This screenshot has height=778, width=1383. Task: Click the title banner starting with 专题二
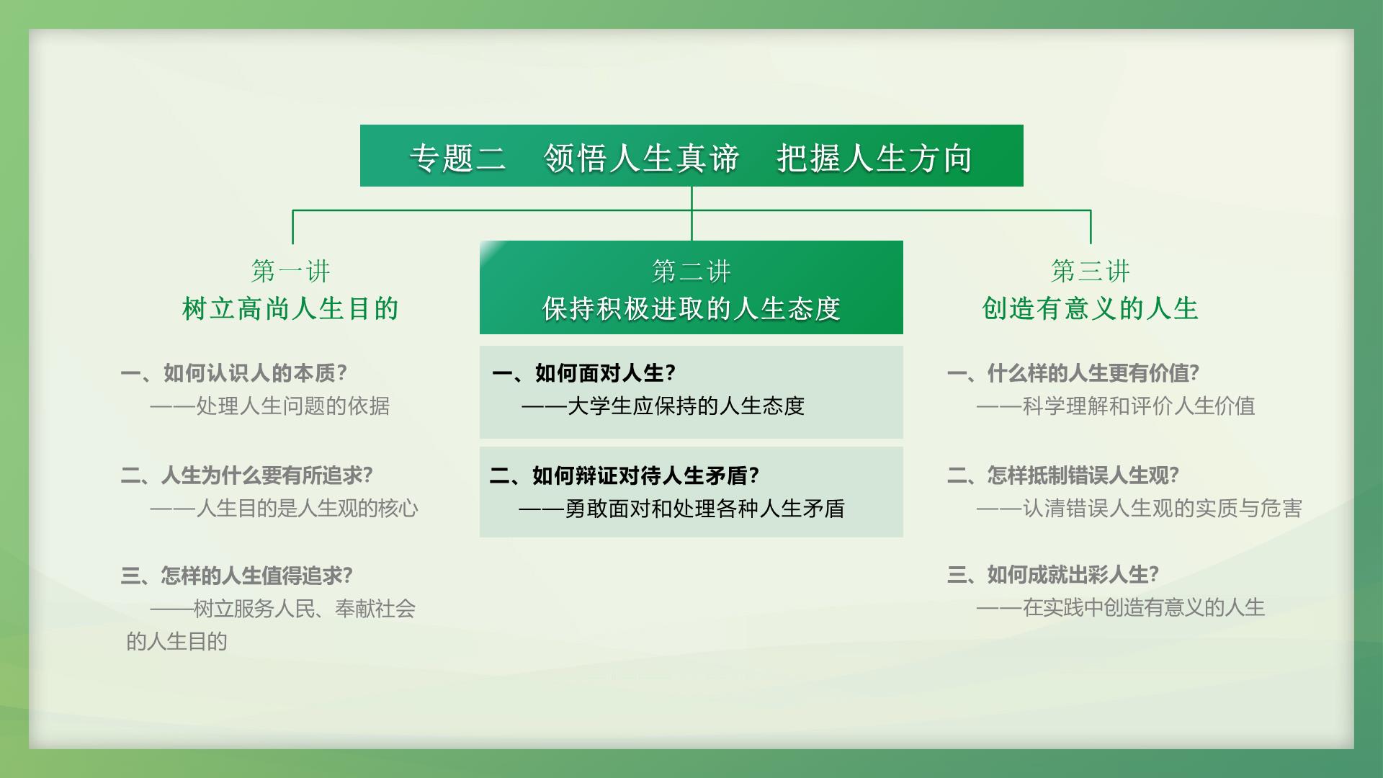tap(691, 156)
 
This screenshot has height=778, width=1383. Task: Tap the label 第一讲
tap(291, 272)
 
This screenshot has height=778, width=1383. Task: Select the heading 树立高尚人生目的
tap(291, 308)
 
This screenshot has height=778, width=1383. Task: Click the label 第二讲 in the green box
tap(691, 272)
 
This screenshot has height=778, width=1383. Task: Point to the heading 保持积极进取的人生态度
tap(691, 308)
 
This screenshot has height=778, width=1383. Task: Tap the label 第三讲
tap(1091, 272)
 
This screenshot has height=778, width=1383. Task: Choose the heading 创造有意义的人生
tap(1091, 308)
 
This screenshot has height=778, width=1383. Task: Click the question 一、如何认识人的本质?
tap(234, 373)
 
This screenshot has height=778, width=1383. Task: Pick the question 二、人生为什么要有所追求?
tap(246, 475)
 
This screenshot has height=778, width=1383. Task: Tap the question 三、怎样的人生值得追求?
tap(236, 576)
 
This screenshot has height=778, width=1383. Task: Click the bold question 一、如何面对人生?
tap(584, 373)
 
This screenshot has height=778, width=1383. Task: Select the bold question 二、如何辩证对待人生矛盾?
tap(625, 475)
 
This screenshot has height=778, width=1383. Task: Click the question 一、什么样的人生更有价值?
tap(1073, 373)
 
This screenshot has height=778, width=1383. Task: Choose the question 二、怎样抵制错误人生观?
tap(1063, 475)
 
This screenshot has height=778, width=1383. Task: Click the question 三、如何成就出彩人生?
tap(1053, 575)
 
